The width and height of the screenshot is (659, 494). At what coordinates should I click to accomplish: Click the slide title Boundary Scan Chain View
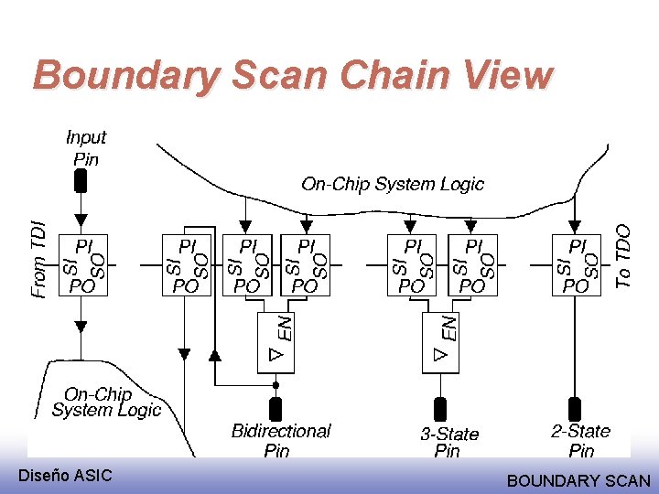tap(293, 75)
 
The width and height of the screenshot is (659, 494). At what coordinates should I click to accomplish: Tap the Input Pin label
tap(86, 147)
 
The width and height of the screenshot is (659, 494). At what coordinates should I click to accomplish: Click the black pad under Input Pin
tap(81, 181)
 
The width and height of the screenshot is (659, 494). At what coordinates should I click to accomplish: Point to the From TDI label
tap(38, 260)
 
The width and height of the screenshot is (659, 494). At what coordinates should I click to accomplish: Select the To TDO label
tap(623, 257)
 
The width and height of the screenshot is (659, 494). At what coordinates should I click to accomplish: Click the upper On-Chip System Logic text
tap(393, 184)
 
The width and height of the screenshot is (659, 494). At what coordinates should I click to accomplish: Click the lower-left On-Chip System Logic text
tap(105, 403)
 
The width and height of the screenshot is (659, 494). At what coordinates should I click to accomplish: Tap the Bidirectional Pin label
tap(280, 440)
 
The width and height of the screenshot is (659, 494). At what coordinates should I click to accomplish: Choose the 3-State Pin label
tap(448, 442)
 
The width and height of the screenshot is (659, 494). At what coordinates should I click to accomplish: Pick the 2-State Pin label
tap(580, 440)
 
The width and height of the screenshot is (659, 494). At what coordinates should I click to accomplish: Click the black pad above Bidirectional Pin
tap(275, 409)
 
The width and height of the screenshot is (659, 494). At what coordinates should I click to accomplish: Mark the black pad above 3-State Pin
tap(439, 409)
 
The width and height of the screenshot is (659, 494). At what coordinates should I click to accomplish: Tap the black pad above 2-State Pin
tap(576, 409)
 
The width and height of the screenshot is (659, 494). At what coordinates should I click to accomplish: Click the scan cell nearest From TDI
tap(81, 264)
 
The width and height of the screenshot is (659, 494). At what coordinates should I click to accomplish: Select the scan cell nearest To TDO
tap(576, 264)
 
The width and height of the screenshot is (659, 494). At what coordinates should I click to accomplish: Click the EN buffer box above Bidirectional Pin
tap(275, 342)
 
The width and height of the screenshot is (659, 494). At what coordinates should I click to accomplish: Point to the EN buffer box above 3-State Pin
tap(439, 342)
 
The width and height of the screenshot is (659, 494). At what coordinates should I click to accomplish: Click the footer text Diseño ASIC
tap(65, 475)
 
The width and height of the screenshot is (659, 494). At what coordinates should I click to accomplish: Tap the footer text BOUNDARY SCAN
tap(578, 480)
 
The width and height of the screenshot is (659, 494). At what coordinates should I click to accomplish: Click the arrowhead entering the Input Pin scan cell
tap(81, 220)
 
